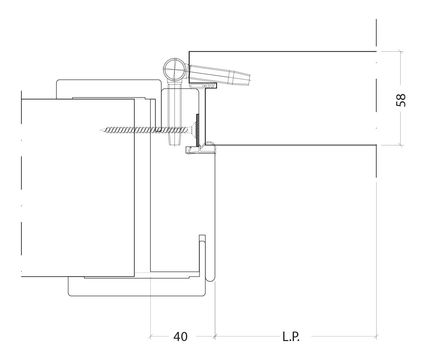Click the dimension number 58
[401, 100]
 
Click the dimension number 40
[180, 337]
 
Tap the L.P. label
[291, 337]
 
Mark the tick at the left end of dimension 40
[150, 337]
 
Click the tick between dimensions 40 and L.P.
[215, 337]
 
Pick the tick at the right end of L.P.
[376, 337]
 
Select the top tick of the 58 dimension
[401, 51]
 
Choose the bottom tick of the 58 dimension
[401, 145]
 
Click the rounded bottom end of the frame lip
[210, 279]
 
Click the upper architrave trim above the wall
[109, 88]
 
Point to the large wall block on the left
[78, 188]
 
